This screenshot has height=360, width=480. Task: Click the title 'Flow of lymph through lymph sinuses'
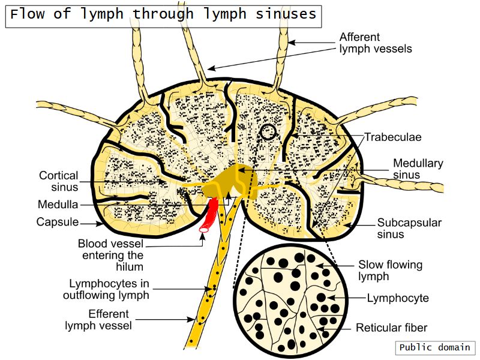163,14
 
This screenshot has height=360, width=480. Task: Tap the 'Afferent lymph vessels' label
376,43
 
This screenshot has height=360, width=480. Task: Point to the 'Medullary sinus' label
418,169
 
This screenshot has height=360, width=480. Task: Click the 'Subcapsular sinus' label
409,228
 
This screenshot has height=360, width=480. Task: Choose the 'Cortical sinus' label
59,181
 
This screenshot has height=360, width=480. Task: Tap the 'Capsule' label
58,222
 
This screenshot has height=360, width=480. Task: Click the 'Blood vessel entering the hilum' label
110,255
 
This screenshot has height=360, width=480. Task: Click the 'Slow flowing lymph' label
391,270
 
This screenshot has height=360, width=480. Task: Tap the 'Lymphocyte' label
398,298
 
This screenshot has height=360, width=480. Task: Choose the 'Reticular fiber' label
392,328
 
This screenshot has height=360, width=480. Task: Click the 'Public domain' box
435,347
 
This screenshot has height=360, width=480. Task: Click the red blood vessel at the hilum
210,216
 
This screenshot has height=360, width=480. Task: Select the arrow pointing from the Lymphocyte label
346,298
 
